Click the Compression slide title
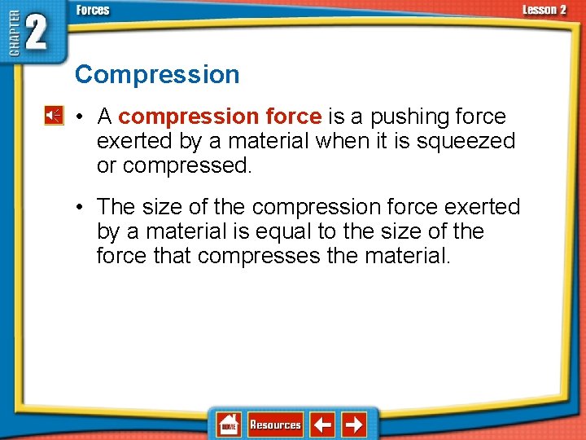click(x=157, y=75)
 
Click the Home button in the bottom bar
click(x=229, y=425)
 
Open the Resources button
click(x=275, y=425)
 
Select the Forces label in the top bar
click(x=93, y=11)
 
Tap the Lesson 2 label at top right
click(x=544, y=10)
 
